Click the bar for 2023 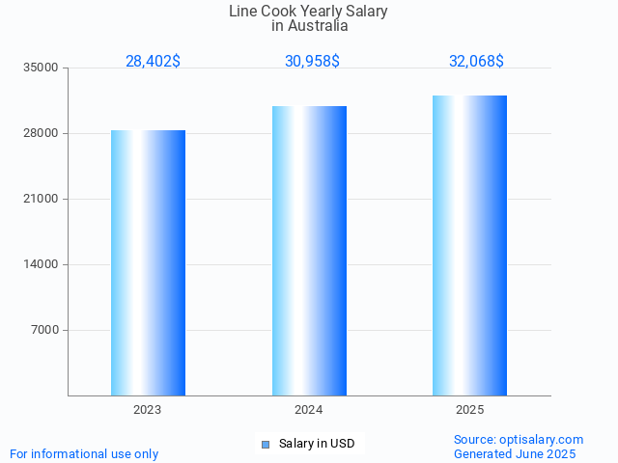[x=148, y=262]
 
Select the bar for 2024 [x=309, y=251]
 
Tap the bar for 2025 [x=469, y=245]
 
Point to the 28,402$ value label [x=153, y=62]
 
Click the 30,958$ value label [x=312, y=62]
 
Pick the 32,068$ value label [x=476, y=62]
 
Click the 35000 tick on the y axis [x=42, y=68]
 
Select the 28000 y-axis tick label [x=42, y=134]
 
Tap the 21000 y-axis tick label [x=42, y=200]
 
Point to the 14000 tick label [x=42, y=265]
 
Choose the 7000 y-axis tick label [x=44, y=331]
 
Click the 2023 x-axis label [x=148, y=410]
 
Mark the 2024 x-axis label [x=309, y=410]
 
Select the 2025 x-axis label [x=469, y=410]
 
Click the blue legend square [x=265, y=445]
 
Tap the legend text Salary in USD [x=317, y=444]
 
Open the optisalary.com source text [x=519, y=440]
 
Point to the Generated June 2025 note [x=515, y=454]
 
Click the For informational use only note [x=84, y=454]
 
